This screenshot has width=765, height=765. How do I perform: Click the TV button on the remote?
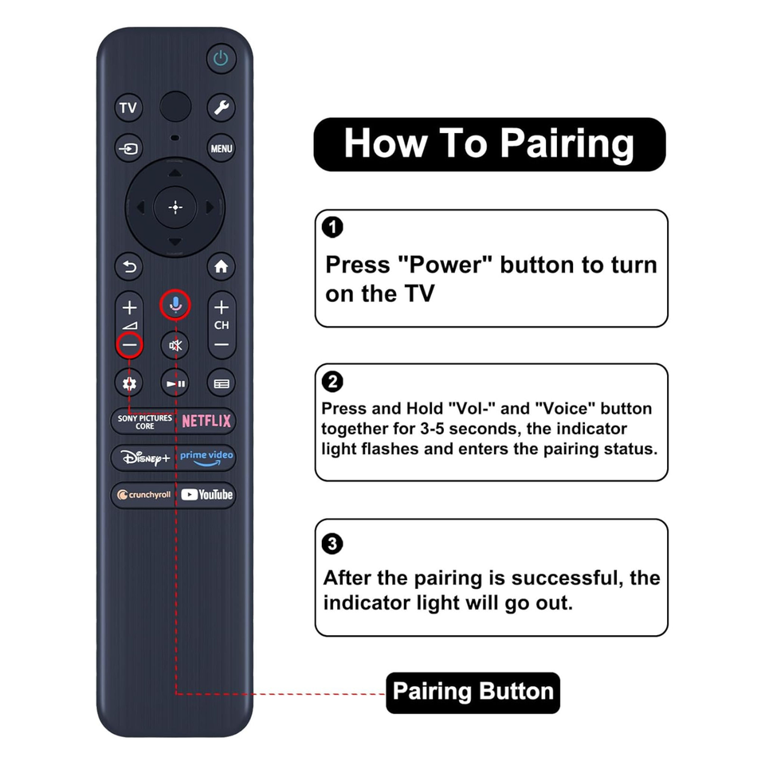(x=129, y=108)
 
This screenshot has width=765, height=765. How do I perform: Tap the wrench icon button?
(x=221, y=108)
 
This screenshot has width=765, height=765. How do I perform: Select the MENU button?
(x=221, y=148)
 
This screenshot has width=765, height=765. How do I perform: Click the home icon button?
(x=221, y=266)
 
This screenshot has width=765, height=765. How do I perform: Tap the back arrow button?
(x=129, y=266)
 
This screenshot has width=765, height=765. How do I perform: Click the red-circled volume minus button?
(x=129, y=345)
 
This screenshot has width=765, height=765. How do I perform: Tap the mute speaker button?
(x=175, y=345)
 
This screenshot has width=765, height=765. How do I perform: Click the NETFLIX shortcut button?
(x=206, y=421)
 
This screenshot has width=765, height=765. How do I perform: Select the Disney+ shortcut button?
(x=143, y=457)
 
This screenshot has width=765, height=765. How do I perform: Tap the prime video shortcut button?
(x=206, y=457)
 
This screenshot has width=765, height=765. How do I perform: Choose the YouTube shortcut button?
(x=206, y=495)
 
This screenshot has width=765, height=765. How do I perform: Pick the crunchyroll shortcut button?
(x=143, y=495)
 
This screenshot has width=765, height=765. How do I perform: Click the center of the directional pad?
(x=175, y=207)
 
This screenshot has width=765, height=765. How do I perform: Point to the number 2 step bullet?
(x=333, y=382)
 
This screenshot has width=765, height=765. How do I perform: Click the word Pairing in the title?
(x=567, y=144)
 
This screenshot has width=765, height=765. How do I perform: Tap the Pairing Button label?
(x=473, y=692)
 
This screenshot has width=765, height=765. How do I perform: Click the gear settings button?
(x=129, y=383)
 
